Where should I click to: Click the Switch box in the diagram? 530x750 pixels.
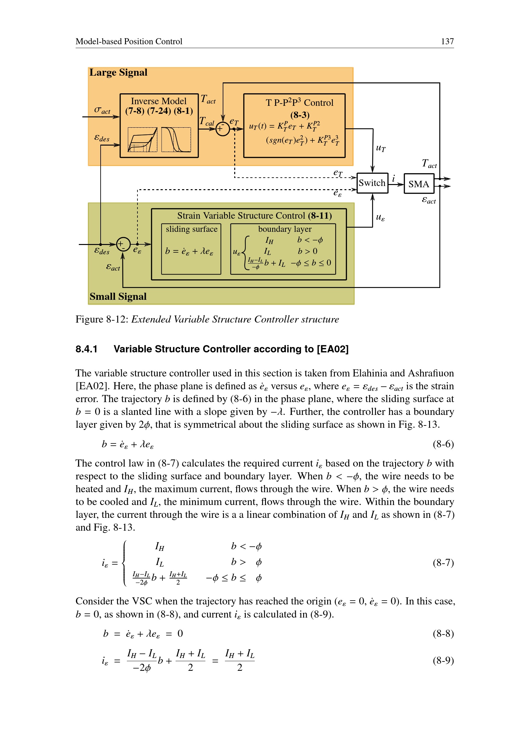click(x=372, y=183)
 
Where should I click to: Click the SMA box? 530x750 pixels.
click(x=419, y=184)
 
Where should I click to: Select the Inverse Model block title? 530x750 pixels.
click(x=159, y=101)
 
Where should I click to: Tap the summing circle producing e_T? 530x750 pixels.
click(x=223, y=129)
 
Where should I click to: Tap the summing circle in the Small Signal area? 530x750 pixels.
click(x=123, y=244)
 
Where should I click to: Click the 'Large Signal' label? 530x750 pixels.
click(x=118, y=72)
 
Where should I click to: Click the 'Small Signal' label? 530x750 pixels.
click(x=118, y=296)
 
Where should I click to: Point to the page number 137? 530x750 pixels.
click(x=447, y=41)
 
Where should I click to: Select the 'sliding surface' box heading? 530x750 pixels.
click(x=192, y=229)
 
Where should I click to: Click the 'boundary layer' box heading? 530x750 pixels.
click(x=285, y=229)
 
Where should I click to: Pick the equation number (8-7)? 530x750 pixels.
click(x=443, y=562)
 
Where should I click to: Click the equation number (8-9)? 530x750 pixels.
click(x=443, y=661)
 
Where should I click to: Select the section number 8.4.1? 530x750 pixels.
click(x=87, y=349)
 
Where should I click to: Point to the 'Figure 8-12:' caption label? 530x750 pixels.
click(x=102, y=319)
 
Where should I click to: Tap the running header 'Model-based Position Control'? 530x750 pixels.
click(x=128, y=41)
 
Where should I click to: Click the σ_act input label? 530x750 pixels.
click(x=102, y=110)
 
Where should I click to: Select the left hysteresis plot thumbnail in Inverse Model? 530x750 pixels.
click(x=142, y=140)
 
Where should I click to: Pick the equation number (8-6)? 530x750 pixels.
click(x=443, y=444)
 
